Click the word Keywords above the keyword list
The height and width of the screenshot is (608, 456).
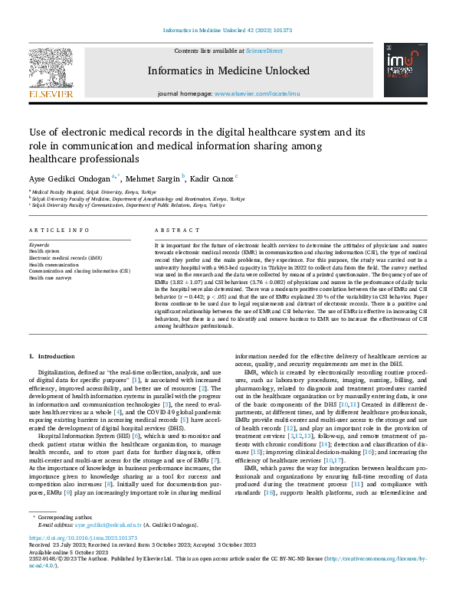(x=39, y=244)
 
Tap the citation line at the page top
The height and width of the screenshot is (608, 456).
(x=228, y=31)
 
